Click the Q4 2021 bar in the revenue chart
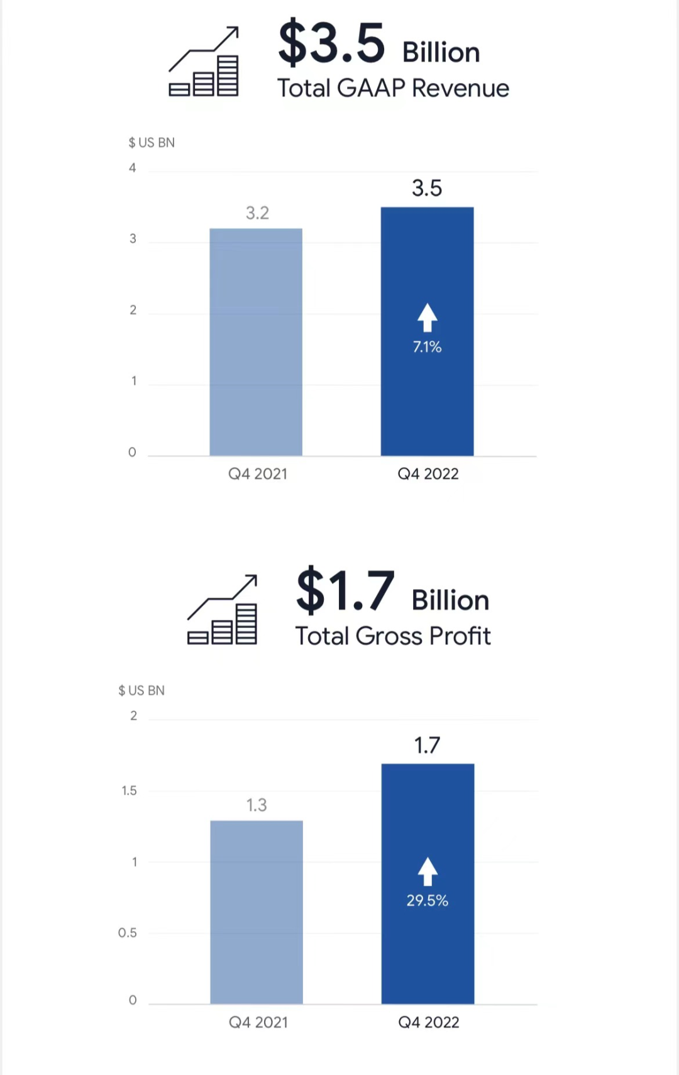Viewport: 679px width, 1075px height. pos(256,342)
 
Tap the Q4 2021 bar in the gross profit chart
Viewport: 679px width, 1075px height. pos(257,912)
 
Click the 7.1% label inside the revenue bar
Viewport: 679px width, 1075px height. pos(427,347)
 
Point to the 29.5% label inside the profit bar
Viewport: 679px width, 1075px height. pos(427,901)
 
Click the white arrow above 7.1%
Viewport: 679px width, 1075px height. pos(428,317)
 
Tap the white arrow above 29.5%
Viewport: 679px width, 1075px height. pos(428,871)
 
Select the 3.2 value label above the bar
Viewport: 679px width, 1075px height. pos(257,213)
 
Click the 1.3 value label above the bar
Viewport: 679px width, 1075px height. pos(257,805)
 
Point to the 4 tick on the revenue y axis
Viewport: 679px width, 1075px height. pos(133,168)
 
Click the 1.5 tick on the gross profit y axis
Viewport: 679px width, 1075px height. pos(129,791)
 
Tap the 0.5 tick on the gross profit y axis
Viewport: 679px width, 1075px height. pos(128,933)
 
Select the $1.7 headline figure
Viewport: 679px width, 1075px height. pos(345,590)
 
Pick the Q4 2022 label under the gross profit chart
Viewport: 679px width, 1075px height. pos(429,1023)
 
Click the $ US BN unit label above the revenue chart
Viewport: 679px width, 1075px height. pos(152,143)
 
